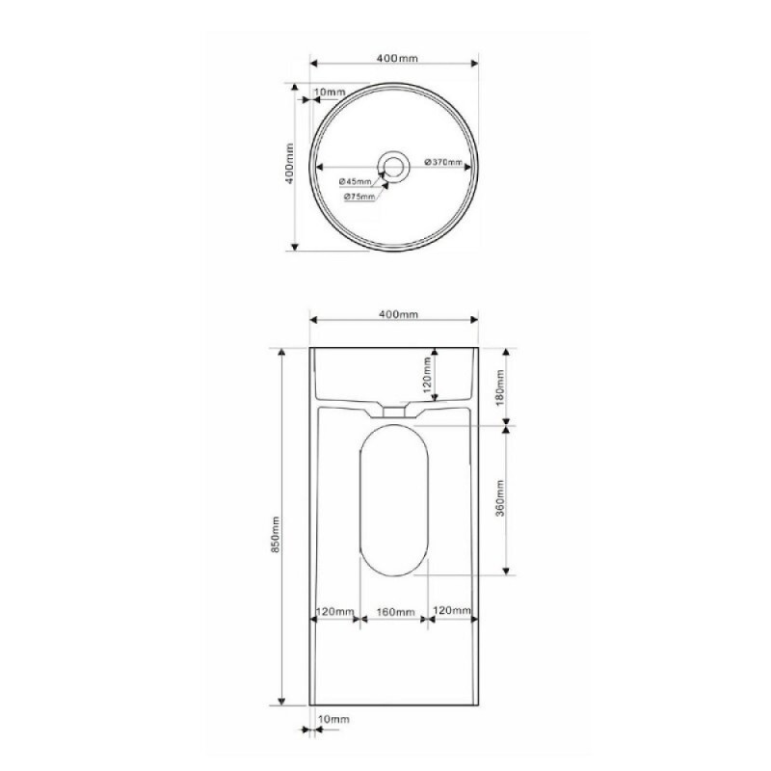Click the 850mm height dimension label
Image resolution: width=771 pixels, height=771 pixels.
276,535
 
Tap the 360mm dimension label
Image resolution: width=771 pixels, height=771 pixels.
500,498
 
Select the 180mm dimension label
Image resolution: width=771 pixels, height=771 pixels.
500,388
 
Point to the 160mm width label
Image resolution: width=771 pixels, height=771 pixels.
396,612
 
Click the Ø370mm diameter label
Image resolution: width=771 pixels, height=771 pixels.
443,162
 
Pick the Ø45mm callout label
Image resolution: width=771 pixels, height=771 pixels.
355,181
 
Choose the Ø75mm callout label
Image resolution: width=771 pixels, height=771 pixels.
359,197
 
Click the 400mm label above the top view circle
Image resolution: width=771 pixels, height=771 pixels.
397,58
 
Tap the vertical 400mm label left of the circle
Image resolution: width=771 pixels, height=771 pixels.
290,164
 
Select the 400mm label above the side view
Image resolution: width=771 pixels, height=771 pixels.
399,314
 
